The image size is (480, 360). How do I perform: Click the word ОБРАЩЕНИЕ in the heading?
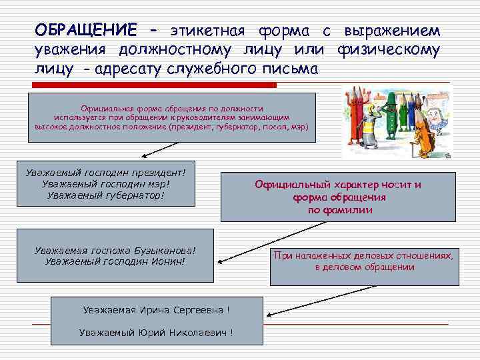[x=87, y=31]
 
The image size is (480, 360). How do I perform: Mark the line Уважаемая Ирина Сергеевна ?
[x=157, y=310]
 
